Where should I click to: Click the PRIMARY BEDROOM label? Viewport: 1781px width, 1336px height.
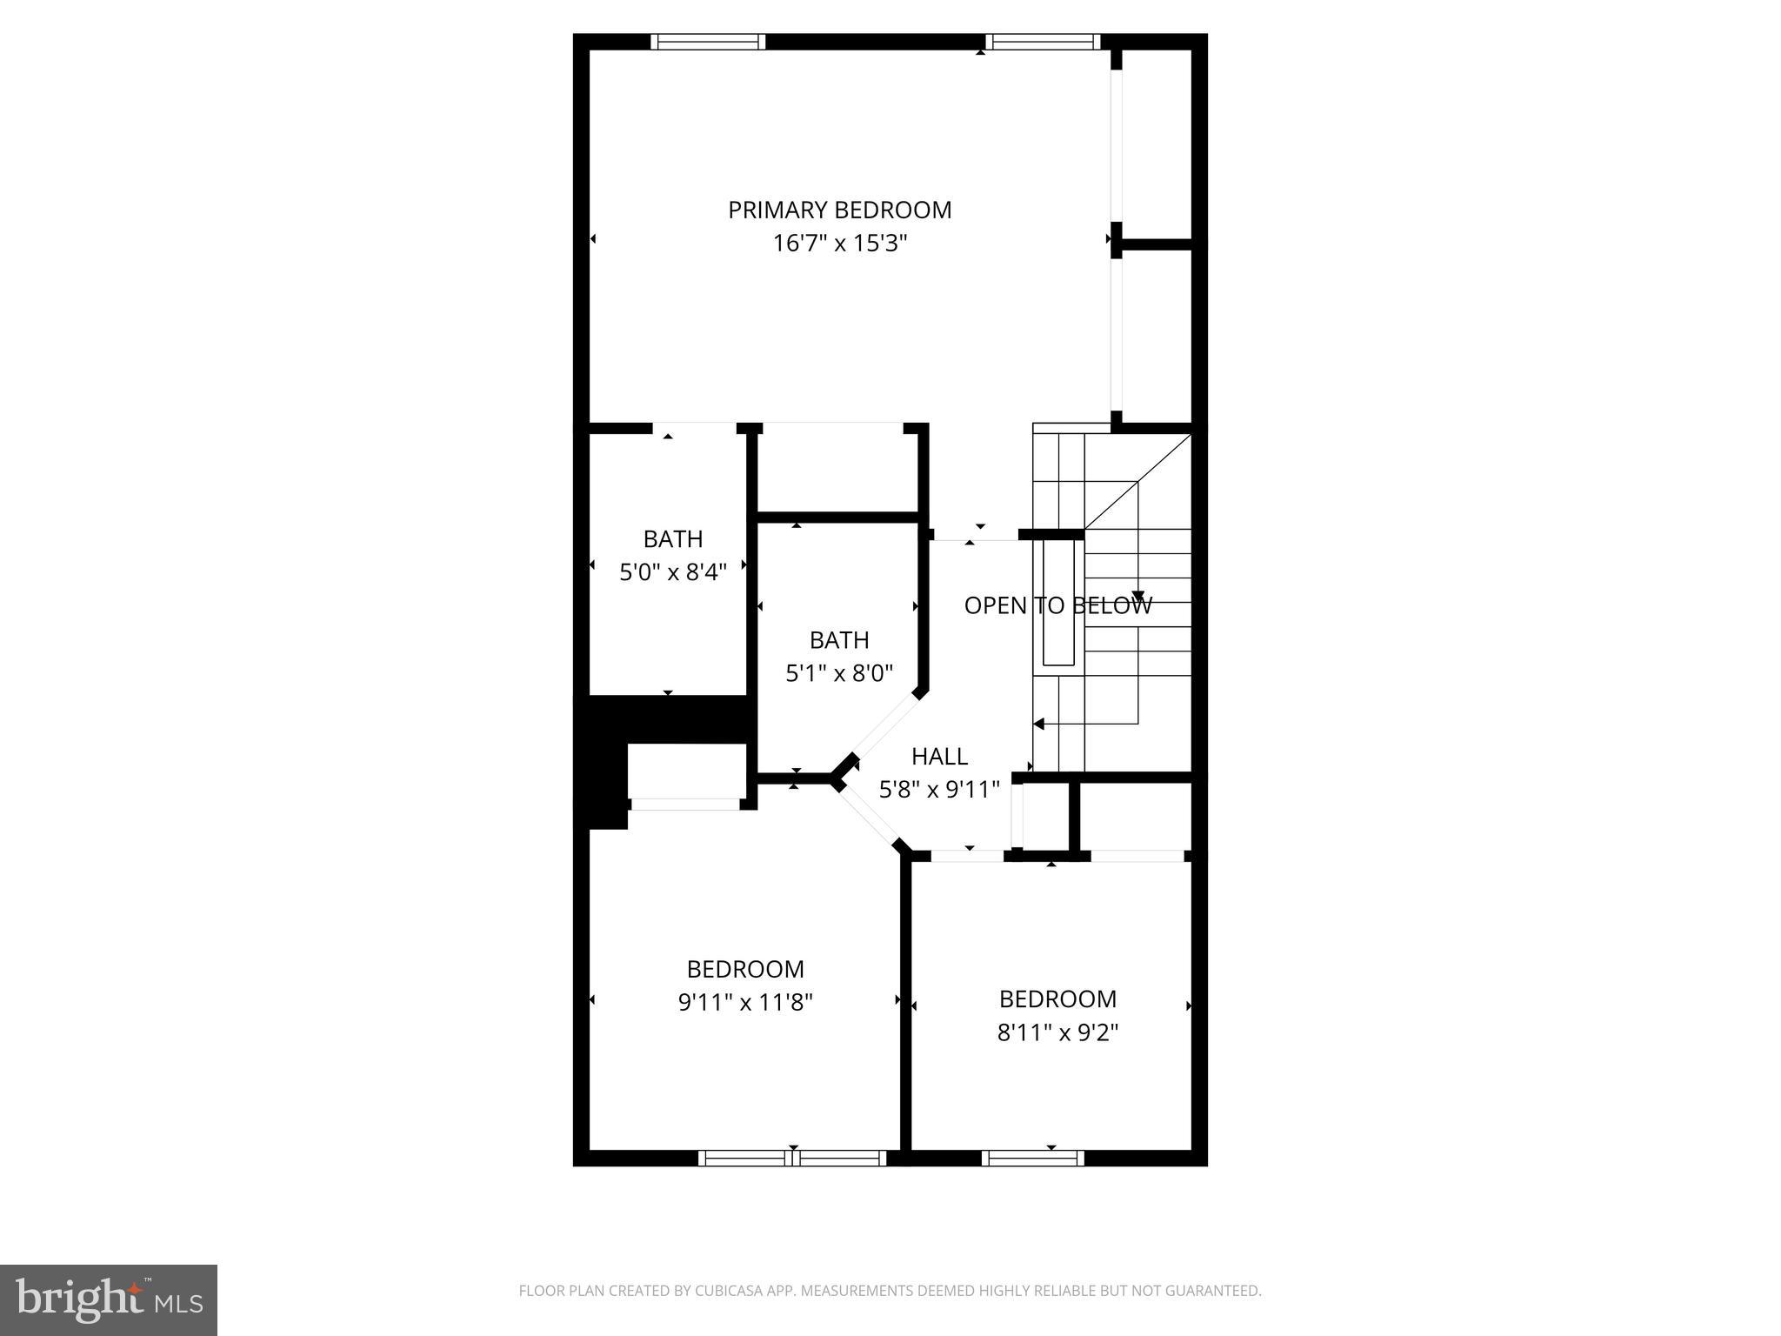[x=839, y=210]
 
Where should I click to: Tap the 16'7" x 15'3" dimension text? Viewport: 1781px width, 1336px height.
[x=839, y=244]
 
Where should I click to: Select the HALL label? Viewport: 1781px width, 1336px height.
[x=939, y=757]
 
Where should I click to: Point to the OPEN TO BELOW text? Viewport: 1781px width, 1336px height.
[x=1057, y=605]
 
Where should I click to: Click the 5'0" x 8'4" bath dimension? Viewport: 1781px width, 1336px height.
[x=672, y=572]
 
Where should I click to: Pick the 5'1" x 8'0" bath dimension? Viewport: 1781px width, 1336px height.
[x=839, y=673]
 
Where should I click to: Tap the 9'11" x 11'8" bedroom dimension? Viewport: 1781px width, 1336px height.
[x=745, y=1003]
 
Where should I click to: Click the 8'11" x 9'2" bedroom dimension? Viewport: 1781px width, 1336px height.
[x=1057, y=1032]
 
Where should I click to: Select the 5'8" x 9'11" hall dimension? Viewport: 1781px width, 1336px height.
[x=939, y=790]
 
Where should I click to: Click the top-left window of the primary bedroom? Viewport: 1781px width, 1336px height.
[x=708, y=42]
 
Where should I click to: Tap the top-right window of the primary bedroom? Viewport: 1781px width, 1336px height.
[x=1042, y=42]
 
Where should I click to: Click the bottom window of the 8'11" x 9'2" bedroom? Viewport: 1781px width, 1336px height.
[x=1032, y=1158]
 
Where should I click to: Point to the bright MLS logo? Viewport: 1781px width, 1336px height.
[x=108, y=1300]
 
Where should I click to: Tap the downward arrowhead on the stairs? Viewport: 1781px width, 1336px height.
[x=1137, y=597]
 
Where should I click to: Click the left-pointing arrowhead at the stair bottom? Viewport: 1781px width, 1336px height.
[x=1039, y=724]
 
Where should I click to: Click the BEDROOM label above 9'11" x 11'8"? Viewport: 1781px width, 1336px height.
[x=745, y=969]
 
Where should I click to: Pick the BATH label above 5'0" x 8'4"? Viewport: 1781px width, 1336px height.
[x=672, y=539]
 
